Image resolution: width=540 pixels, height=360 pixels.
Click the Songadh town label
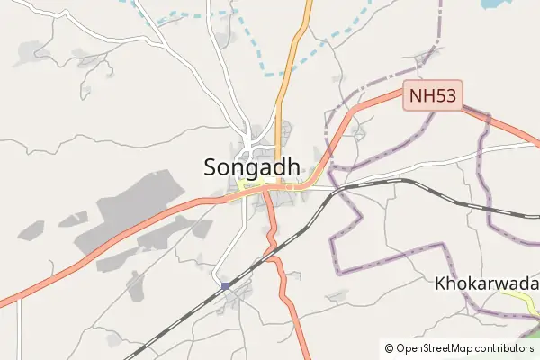(252, 167)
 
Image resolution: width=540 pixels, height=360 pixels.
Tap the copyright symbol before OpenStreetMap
(389, 347)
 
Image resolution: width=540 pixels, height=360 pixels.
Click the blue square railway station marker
(225, 286)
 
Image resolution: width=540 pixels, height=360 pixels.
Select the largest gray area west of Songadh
(126, 211)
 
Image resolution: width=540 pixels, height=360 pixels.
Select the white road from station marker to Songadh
(238, 243)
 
